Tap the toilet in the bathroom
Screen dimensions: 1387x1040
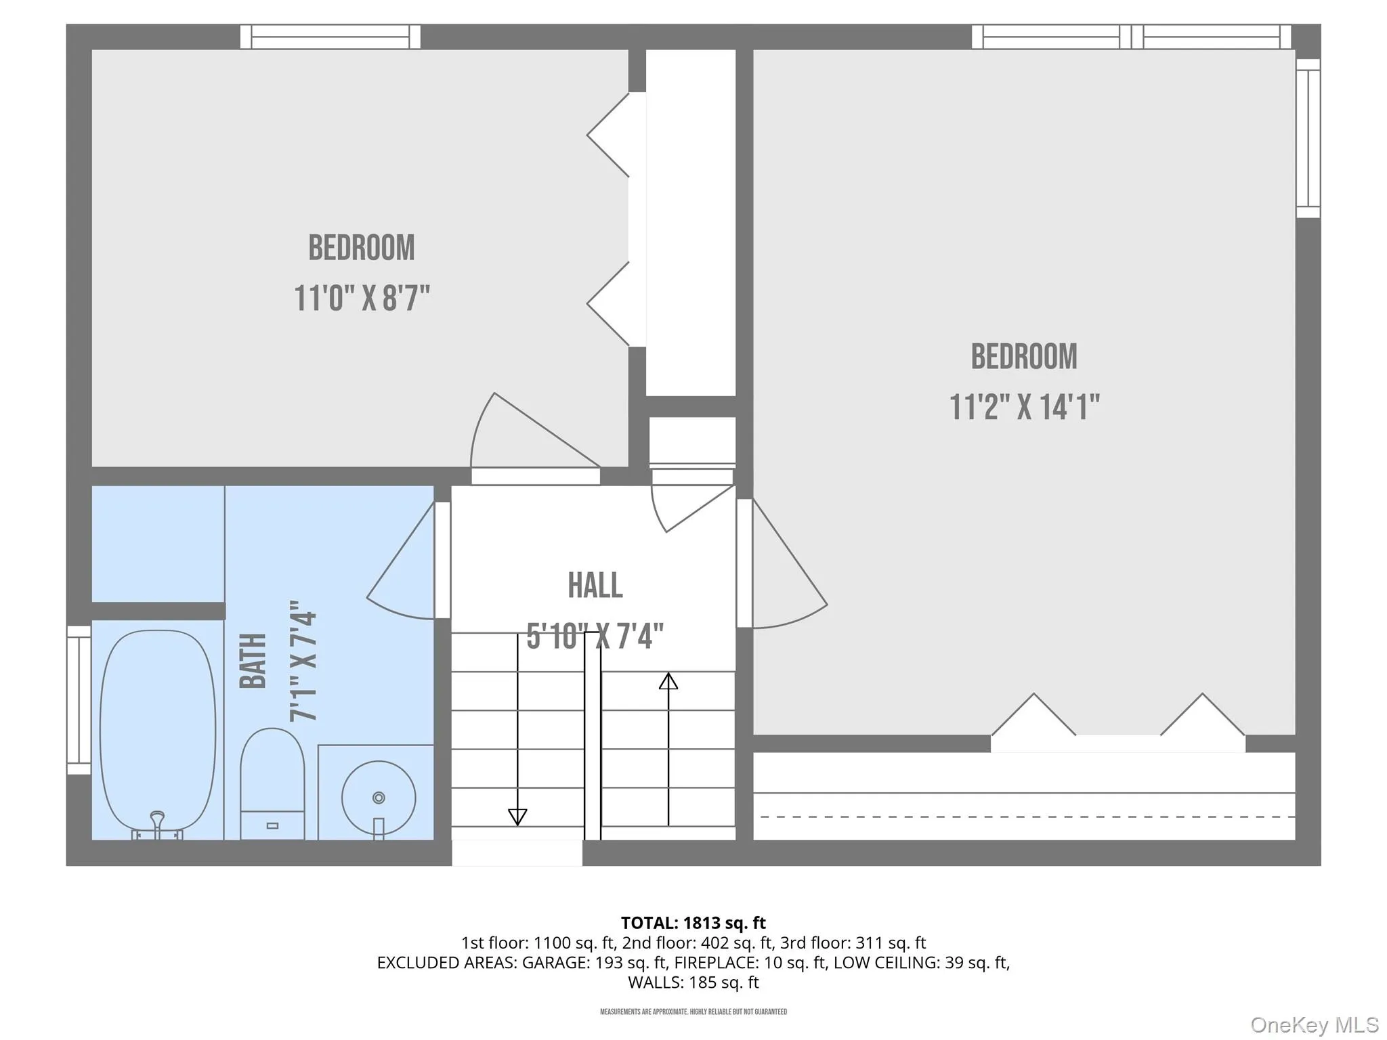[272, 783]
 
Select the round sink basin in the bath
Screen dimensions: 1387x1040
[378, 797]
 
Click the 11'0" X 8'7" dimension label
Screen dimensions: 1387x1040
[362, 299]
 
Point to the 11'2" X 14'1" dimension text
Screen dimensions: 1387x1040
[1024, 408]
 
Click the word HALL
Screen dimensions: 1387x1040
[595, 586]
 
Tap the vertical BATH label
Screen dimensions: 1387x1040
[253, 661]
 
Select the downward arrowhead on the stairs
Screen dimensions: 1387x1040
[517, 817]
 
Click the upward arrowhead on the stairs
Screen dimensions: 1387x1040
[668, 680]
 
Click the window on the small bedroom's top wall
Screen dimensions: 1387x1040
[330, 37]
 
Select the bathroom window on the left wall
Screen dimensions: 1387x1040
[79, 700]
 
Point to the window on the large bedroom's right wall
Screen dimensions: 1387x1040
[1308, 138]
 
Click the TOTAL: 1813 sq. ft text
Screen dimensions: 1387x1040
[693, 923]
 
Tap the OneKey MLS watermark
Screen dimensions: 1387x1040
[1315, 1025]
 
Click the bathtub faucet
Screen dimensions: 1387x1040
[157, 825]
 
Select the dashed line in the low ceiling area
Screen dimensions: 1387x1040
[1028, 817]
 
